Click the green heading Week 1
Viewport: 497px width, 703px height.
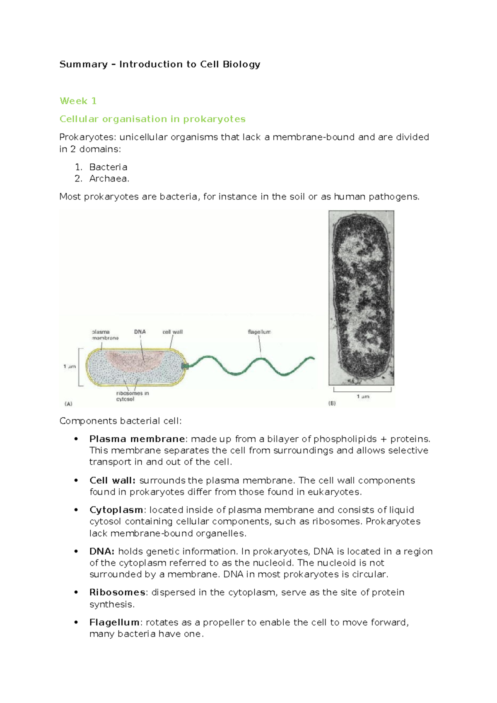(78, 101)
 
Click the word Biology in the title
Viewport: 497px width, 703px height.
(241, 64)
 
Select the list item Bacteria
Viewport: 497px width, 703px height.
(108, 167)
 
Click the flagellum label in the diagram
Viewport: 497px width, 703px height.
(259, 332)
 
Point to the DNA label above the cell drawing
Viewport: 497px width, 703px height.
(140, 332)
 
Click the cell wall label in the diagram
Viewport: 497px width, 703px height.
(172, 332)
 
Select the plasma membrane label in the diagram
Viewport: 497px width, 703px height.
(105, 335)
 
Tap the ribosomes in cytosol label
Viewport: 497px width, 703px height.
(132, 396)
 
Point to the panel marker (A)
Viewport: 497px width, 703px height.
(68, 403)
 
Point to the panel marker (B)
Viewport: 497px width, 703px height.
(332, 403)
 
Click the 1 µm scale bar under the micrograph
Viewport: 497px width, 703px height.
(362, 390)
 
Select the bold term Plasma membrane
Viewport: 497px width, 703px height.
(137, 439)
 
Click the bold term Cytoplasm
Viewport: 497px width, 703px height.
(116, 510)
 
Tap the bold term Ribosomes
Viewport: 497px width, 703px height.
(117, 592)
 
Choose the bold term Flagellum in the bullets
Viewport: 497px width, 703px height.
(115, 622)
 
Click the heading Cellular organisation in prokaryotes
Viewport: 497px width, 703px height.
(152, 119)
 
